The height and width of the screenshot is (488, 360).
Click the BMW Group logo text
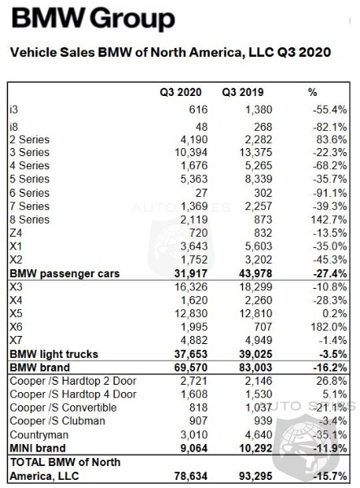(93, 19)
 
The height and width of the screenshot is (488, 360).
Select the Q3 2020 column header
(180, 92)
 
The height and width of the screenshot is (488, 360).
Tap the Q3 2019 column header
(242, 92)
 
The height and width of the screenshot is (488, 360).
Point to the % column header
(312, 92)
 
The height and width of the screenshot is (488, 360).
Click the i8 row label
(14, 127)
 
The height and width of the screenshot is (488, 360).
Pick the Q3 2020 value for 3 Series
(191, 153)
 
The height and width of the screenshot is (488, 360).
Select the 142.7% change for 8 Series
(329, 220)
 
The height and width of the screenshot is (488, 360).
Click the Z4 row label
(15, 233)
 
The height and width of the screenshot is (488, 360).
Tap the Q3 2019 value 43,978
(254, 273)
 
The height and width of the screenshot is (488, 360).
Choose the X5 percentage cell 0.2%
(335, 313)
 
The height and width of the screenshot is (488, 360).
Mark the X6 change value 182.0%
(329, 327)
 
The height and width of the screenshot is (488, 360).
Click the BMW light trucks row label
(54, 354)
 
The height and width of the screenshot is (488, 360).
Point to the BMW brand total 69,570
(191, 368)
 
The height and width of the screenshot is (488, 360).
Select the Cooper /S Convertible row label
(63, 407)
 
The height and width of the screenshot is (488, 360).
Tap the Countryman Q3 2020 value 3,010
(194, 434)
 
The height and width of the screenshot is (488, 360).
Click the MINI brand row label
(37, 448)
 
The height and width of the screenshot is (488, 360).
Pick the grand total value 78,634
(191, 476)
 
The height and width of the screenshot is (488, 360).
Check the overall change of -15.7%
(330, 476)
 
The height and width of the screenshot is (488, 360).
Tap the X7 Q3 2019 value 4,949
(258, 340)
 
